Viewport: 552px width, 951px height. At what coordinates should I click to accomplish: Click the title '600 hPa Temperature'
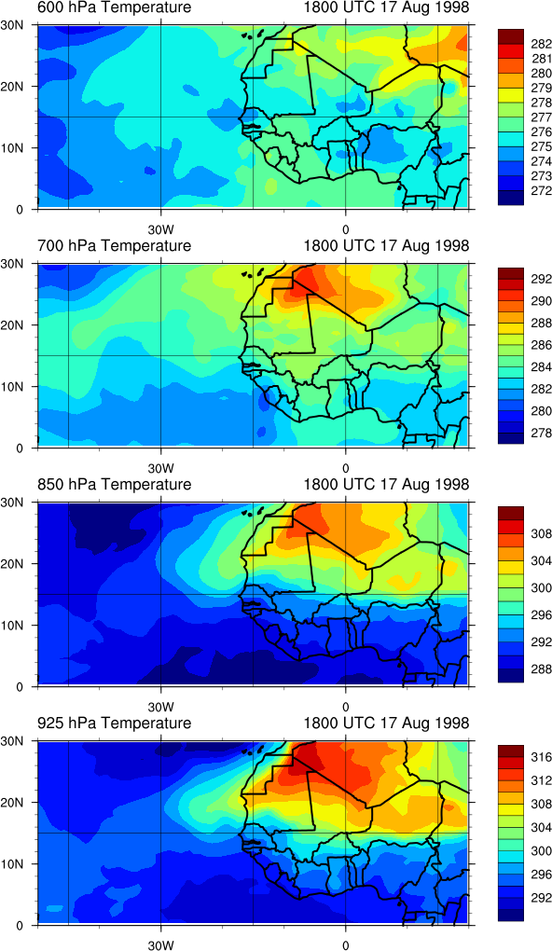[114, 7]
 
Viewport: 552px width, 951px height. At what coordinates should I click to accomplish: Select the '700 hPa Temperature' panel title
[114, 245]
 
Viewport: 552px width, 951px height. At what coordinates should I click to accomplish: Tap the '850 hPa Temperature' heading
[114, 485]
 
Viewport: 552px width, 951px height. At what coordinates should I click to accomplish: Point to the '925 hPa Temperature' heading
[114, 723]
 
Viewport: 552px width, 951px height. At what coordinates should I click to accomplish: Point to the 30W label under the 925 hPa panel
[160, 944]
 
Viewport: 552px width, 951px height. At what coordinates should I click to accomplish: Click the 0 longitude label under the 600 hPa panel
[345, 230]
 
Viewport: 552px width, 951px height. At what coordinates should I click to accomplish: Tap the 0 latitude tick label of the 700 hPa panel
[18, 448]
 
